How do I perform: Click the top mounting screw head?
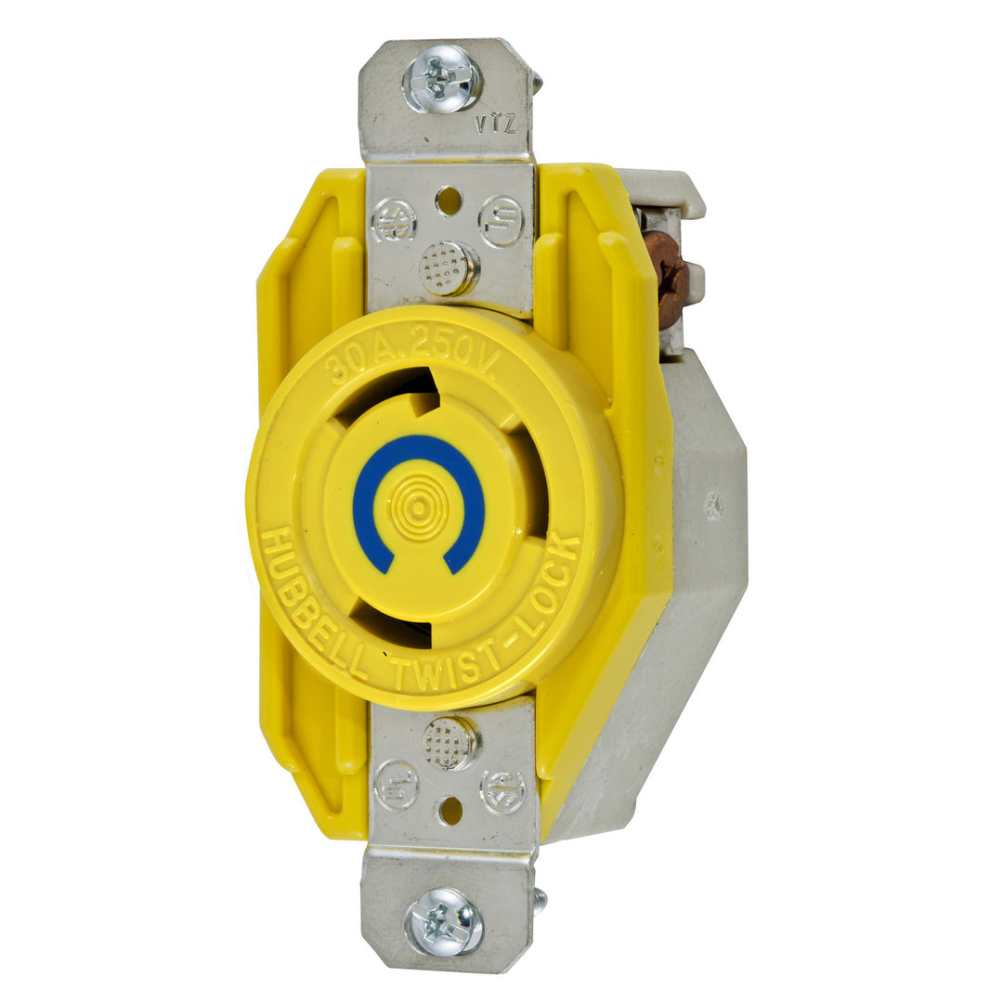click(x=442, y=79)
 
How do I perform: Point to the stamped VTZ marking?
click(x=495, y=125)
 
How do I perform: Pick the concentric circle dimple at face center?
click(x=418, y=507)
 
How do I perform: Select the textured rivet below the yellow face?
click(x=450, y=742)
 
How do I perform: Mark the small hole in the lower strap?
click(x=450, y=810)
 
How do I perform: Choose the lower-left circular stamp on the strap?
click(x=396, y=784)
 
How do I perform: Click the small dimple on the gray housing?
click(x=713, y=505)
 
